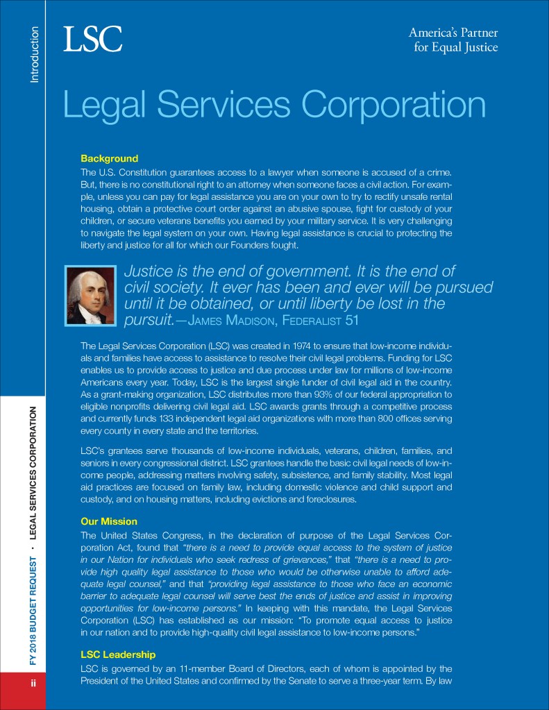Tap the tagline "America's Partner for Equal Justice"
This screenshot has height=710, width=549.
pyautogui.click(x=453, y=40)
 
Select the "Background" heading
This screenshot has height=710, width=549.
pyautogui.click(x=109, y=158)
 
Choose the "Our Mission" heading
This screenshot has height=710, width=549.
pyautogui.click(x=109, y=521)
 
